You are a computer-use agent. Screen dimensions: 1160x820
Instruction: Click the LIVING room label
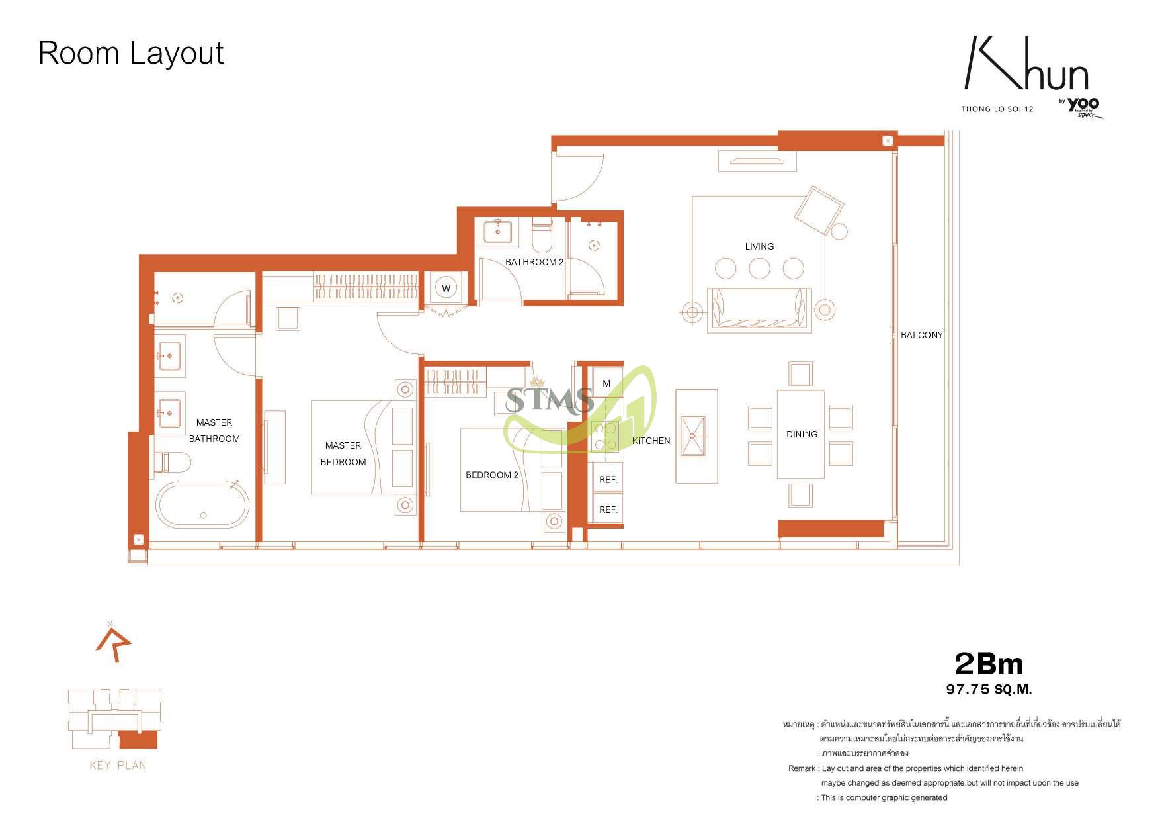click(x=759, y=246)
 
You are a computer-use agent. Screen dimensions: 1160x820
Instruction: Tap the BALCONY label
click(x=922, y=335)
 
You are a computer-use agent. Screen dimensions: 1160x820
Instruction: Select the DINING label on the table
click(x=802, y=434)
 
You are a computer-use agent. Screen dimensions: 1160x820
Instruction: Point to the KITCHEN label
click(x=651, y=441)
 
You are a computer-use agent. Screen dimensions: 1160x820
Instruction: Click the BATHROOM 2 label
click(x=534, y=262)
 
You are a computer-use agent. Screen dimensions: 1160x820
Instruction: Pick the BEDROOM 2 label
click(x=492, y=475)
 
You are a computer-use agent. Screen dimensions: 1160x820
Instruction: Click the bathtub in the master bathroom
click(x=202, y=505)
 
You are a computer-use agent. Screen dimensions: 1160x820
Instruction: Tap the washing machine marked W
click(x=446, y=289)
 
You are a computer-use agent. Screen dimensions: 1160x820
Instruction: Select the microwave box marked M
click(x=606, y=383)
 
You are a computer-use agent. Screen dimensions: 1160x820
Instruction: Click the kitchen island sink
click(x=693, y=436)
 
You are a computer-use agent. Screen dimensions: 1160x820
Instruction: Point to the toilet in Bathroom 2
click(x=542, y=237)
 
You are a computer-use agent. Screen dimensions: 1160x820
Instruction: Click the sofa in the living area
click(x=759, y=310)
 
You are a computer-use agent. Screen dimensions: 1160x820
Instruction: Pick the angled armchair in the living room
click(x=819, y=210)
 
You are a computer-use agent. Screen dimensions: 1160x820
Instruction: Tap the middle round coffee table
click(x=759, y=269)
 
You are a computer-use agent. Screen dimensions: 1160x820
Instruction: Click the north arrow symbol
click(x=114, y=641)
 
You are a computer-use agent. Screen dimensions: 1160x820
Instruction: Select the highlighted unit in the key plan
click(x=138, y=739)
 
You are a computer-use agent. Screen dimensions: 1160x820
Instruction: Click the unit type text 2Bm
click(x=989, y=664)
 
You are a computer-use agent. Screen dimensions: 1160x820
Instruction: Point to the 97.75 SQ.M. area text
click(x=989, y=689)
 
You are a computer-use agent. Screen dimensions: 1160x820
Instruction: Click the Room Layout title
click(x=131, y=53)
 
